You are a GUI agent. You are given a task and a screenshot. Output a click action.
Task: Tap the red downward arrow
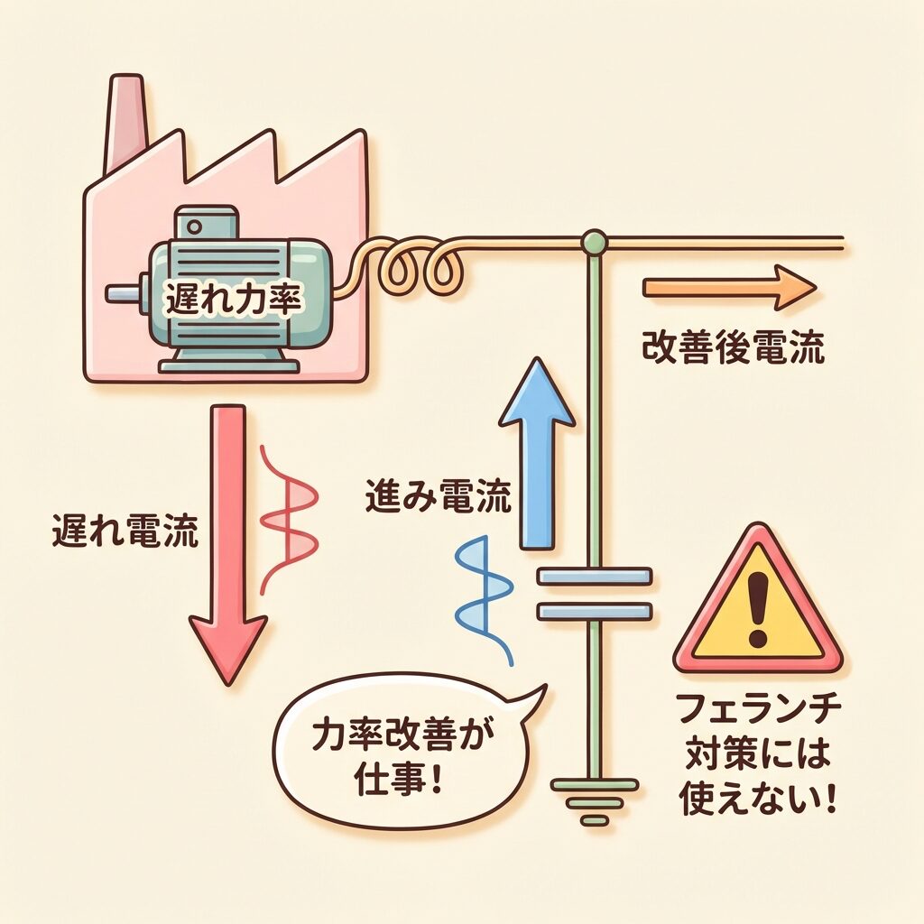(x=228, y=541)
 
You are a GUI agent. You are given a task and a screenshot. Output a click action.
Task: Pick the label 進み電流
(x=439, y=496)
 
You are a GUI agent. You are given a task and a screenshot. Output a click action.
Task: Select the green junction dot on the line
(x=594, y=241)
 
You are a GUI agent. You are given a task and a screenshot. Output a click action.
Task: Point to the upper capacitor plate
(x=594, y=577)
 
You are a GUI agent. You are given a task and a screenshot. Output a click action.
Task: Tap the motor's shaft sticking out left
(x=123, y=293)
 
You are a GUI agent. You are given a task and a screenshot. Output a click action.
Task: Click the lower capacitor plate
(x=594, y=611)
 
